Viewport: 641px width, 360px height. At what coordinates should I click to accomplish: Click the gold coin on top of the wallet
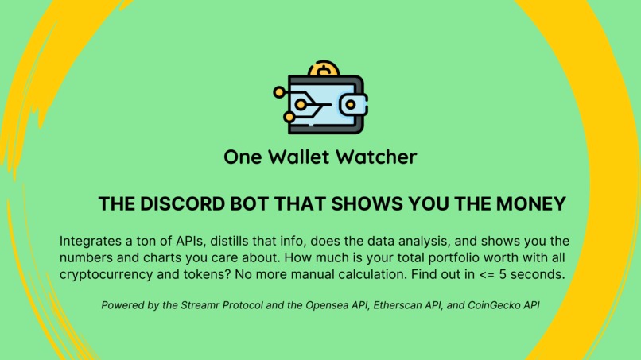(x=323, y=69)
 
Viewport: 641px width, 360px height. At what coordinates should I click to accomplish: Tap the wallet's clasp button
(x=350, y=104)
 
